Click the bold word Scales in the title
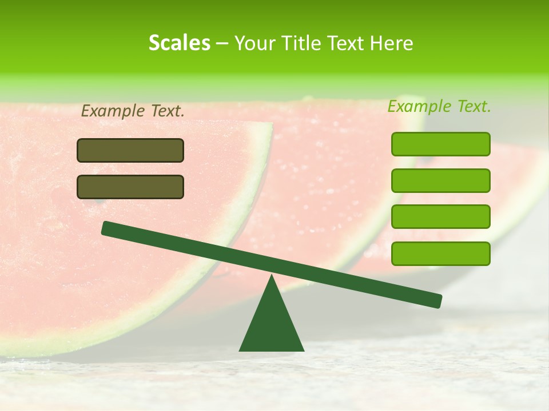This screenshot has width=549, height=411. point(179,43)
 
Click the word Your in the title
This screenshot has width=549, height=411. point(256,43)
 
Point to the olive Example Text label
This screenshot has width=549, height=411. point(133,111)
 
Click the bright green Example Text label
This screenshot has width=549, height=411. point(439,106)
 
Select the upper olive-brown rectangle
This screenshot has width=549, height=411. point(130,150)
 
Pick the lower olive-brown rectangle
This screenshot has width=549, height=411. point(130,187)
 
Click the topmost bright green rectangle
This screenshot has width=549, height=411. point(440,144)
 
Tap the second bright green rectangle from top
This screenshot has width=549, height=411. point(440,180)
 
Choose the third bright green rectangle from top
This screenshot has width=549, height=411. point(440,217)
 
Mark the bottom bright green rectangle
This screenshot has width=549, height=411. point(440,253)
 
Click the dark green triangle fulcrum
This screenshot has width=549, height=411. point(271,325)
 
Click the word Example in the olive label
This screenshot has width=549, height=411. point(113,111)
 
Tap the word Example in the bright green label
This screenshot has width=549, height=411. point(420,106)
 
